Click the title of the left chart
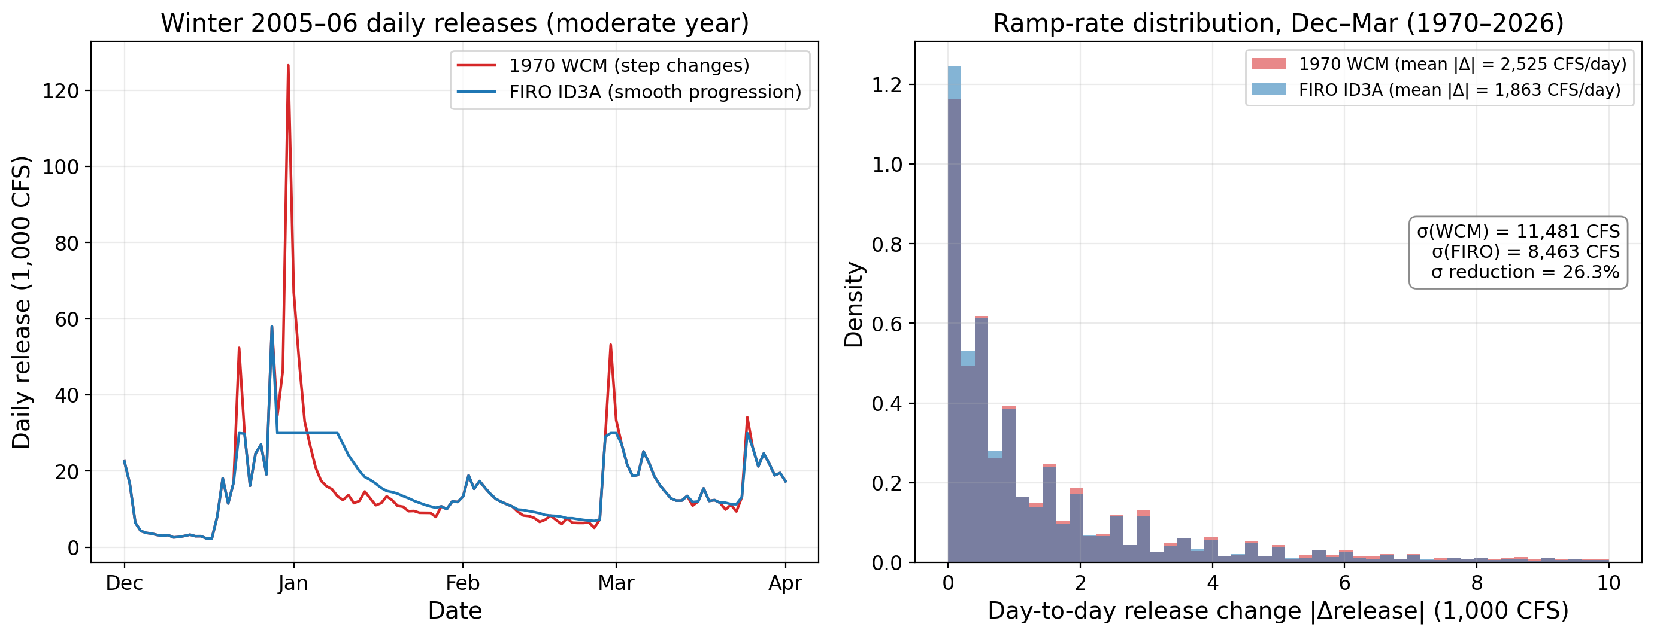[455, 23]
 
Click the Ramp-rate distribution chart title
[1279, 23]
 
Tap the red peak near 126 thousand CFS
[288, 65]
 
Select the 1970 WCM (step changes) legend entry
[603, 65]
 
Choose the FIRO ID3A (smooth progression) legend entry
[629, 92]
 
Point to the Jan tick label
[293, 583]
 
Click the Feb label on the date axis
[462, 583]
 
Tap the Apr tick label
[785, 583]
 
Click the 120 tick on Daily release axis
[61, 91]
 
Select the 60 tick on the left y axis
[68, 319]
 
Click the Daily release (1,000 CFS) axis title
[21, 302]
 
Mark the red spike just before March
[611, 345]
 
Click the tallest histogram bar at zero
[954, 315]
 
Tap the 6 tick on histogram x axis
[1344, 583]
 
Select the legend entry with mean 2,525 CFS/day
[1439, 64]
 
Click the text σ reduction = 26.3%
[1525, 272]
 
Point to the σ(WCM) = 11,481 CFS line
[1519, 231]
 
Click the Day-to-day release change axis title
[1278, 611]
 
